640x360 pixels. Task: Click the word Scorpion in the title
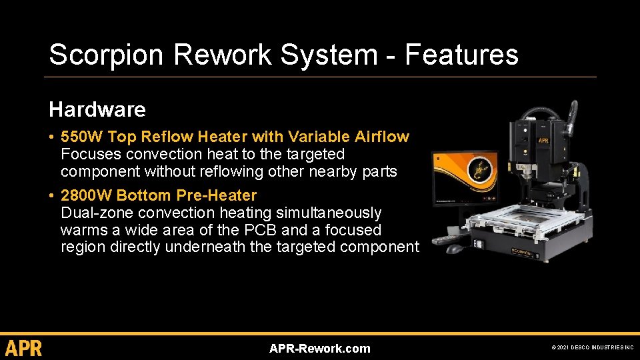pyautogui.click(x=93, y=55)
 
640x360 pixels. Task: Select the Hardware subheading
pyautogui.click(x=97, y=109)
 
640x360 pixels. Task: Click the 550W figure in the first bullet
pyautogui.click(x=81, y=137)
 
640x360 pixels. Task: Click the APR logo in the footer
pyautogui.click(x=23, y=348)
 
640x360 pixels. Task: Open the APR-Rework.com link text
pyautogui.click(x=319, y=348)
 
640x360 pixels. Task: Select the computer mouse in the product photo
pyautogui.click(x=455, y=249)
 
